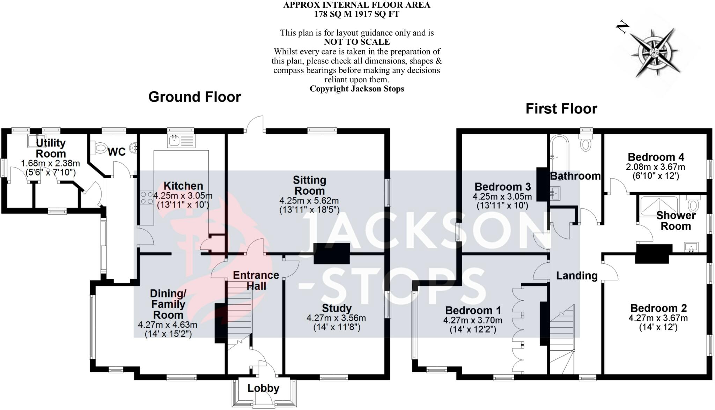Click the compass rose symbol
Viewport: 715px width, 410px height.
pos(653,52)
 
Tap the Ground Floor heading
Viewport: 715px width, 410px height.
pos(194,97)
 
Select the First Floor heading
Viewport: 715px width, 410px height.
pos(561,109)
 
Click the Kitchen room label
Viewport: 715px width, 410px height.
pos(183,186)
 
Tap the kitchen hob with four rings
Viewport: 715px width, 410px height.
pos(147,198)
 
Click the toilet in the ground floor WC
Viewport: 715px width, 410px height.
pos(98,148)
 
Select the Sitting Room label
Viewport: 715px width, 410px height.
pos(309,185)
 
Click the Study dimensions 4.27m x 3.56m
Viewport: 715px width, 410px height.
pos(336,318)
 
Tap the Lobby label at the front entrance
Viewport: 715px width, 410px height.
pos(264,388)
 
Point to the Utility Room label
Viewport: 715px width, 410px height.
pos(51,148)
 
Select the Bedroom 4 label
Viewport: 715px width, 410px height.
pos(656,157)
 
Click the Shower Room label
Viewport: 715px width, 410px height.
pos(676,221)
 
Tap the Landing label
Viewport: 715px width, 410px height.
pos(577,276)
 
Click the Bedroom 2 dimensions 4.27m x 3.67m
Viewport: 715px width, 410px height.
pos(658,318)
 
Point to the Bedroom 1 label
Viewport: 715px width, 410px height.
pos(473,310)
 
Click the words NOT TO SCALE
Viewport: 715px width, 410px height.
pos(357,42)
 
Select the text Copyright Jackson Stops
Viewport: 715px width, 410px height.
pos(357,89)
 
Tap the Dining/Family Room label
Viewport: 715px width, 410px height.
pos(168,304)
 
